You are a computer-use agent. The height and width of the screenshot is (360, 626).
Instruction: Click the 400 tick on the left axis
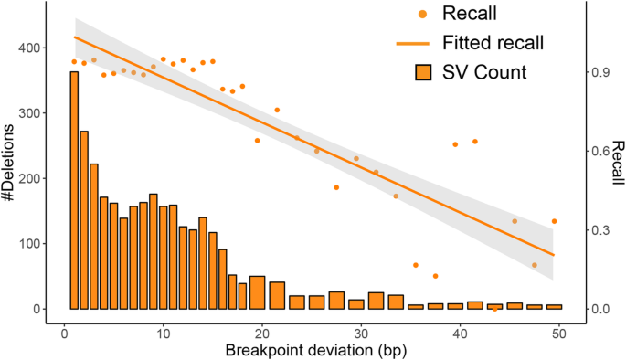pyautogui.click(x=33, y=48)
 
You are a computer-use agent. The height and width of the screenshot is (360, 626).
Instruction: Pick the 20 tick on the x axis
pyautogui.click(x=261, y=330)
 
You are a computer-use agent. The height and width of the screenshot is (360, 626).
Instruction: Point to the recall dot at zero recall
pyautogui.click(x=494, y=309)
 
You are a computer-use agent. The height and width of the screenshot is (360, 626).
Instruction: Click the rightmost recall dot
pyautogui.click(x=554, y=221)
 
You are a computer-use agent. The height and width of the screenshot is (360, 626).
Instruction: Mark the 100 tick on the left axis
pyautogui.click(x=33, y=244)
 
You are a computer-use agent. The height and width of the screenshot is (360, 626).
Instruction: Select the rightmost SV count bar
pyautogui.click(x=554, y=307)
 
